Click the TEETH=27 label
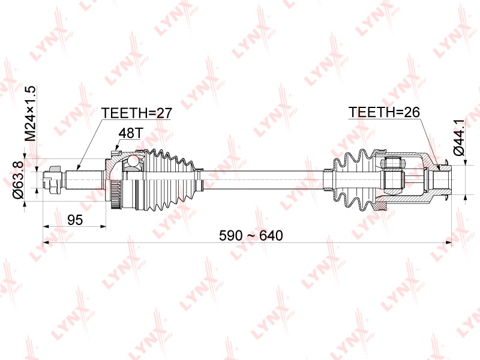point(137,113)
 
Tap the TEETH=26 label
point(384,112)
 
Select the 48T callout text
point(131,133)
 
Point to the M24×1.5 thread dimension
point(31,113)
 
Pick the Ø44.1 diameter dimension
point(459,137)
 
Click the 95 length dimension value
point(75,220)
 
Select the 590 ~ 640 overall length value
point(251,235)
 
